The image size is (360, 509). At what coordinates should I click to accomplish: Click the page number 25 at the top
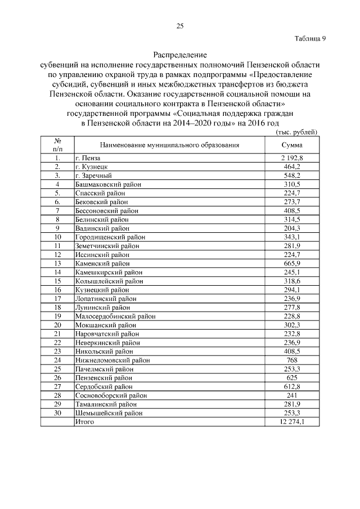[x=180, y=26]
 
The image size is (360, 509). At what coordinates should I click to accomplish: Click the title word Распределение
[x=180, y=55]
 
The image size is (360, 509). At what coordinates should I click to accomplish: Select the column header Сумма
[x=292, y=145]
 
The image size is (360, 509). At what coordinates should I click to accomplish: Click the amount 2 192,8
[x=292, y=159]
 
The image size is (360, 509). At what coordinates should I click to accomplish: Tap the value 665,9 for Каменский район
[x=292, y=263]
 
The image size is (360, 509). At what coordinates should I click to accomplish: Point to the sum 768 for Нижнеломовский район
[x=292, y=360]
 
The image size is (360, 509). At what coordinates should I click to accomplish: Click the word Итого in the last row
[x=84, y=421]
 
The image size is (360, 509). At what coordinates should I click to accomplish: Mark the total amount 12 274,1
[x=292, y=421]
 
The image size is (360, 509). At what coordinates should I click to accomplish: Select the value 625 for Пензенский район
[x=292, y=377]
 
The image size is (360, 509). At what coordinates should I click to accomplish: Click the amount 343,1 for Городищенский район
[x=292, y=237]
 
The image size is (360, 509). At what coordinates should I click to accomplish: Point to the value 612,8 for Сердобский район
[x=292, y=386]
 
